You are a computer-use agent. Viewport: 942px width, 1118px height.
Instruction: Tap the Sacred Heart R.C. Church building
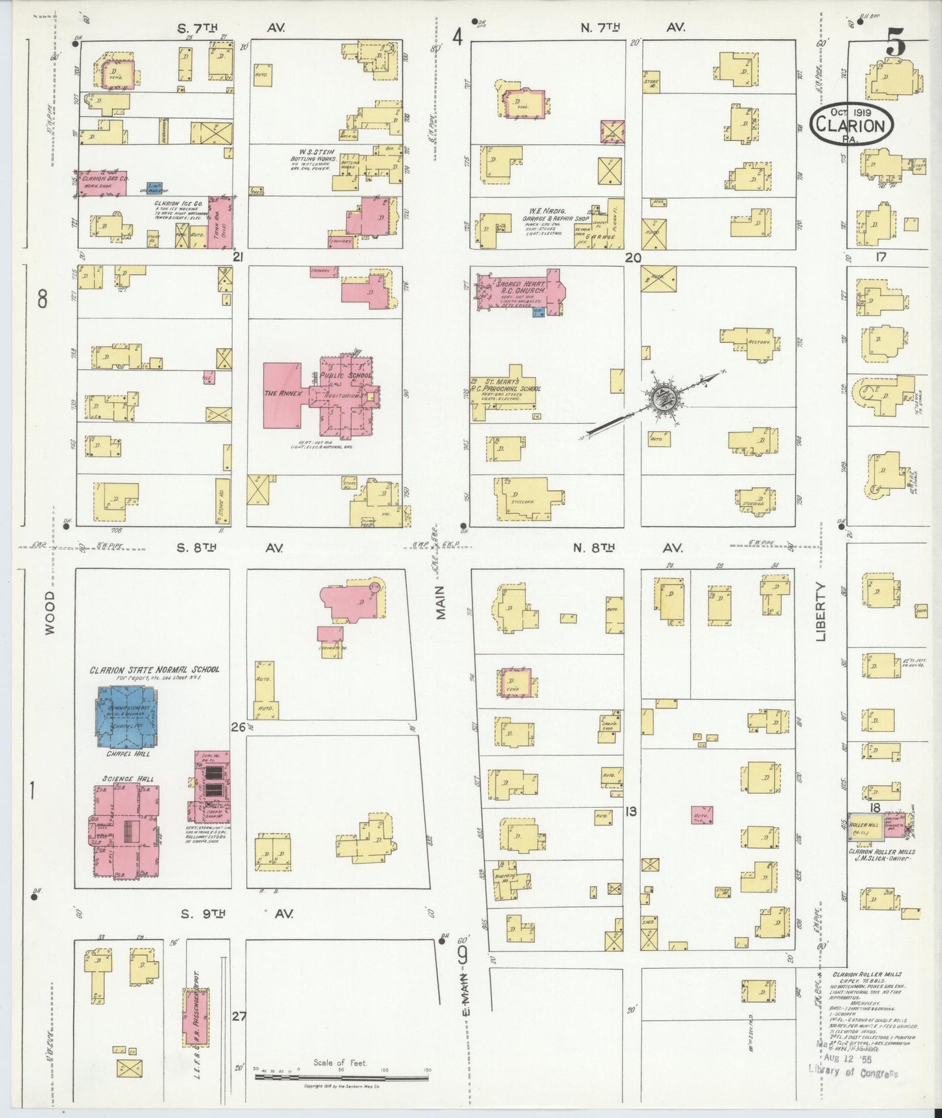pyautogui.click(x=518, y=291)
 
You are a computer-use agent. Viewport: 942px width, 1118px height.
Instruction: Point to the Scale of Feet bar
pyautogui.click(x=342, y=1077)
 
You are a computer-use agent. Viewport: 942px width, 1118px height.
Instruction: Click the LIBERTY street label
pyautogui.click(x=821, y=611)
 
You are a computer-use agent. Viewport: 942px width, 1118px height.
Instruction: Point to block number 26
pyautogui.click(x=237, y=727)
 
